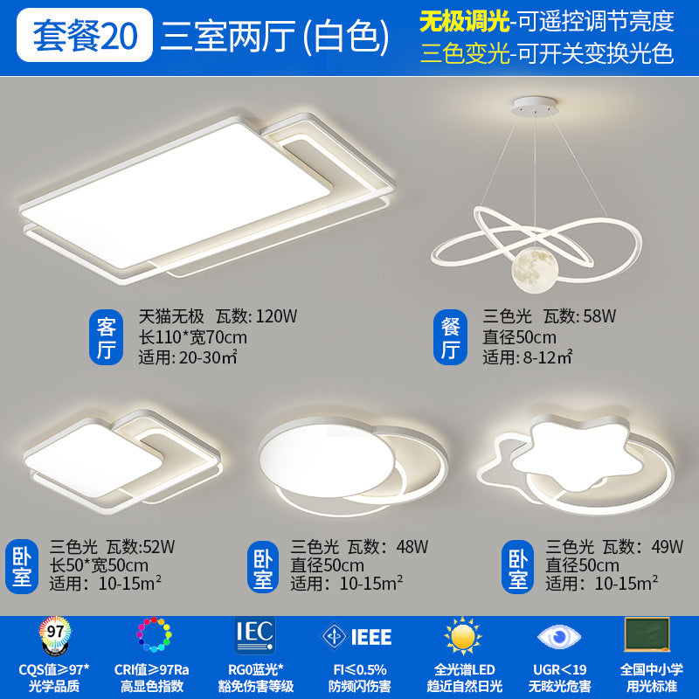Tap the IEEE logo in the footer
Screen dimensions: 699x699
[356, 635]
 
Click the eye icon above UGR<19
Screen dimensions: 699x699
[555, 635]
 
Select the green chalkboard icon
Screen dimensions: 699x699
[647, 633]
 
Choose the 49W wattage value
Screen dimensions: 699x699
[667, 548]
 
